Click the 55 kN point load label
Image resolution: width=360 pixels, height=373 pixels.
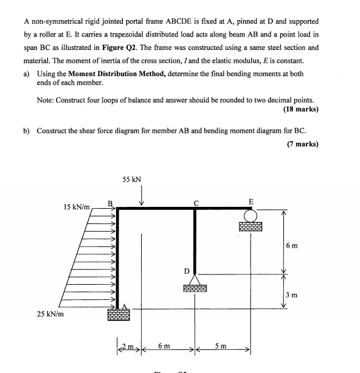click(x=131, y=180)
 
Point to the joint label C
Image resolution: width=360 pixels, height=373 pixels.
click(x=196, y=203)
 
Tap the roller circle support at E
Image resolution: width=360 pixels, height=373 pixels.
click(x=249, y=215)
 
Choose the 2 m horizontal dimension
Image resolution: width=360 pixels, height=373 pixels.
click(x=125, y=347)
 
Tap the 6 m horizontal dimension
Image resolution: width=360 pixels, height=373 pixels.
click(x=164, y=346)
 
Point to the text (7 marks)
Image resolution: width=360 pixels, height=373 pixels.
click(x=302, y=144)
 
